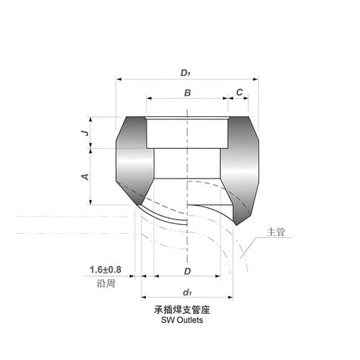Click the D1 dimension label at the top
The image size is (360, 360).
pyautogui.click(x=185, y=73)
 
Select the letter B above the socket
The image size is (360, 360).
pyautogui.click(x=188, y=93)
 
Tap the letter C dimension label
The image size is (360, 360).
pyautogui.click(x=239, y=93)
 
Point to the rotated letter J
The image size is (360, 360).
pyautogui.click(x=87, y=132)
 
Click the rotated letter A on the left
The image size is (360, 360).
pyautogui.click(x=86, y=177)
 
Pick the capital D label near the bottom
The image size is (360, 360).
pyautogui.click(x=188, y=271)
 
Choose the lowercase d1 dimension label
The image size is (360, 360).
pyautogui.click(x=187, y=292)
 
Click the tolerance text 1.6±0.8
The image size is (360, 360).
pyautogui.click(x=106, y=270)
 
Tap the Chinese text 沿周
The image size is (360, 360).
pyautogui.click(x=106, y=283)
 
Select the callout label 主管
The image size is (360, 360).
pyautogui.click(x=276, y=232)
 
